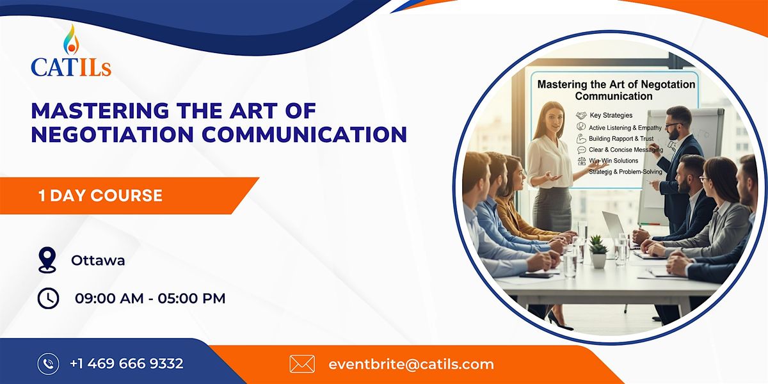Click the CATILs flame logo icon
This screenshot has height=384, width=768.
pyautogui.click(x=71, y=40)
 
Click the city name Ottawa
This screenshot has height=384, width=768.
pyautogui.click(x=98, y=260)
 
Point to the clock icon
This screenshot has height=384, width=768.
pyautogui.click(x=48, y=298)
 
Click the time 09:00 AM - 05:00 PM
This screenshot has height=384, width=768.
pyautogui.click(x=150, y=298)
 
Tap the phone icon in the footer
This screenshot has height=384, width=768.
pyautogui.click(x=48, y=364)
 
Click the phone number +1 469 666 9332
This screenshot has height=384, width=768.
pyautogui.click(x=126, y=364)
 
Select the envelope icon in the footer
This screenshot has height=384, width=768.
pyautogui.click(x=302, y=364)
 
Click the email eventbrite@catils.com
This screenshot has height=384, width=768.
pyautogui.click(x=411, y=364)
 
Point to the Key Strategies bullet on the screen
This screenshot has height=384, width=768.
pyautogui.click(x=611, y=115)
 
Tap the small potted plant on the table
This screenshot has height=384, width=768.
pyautogui.click(x=598, y=252)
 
